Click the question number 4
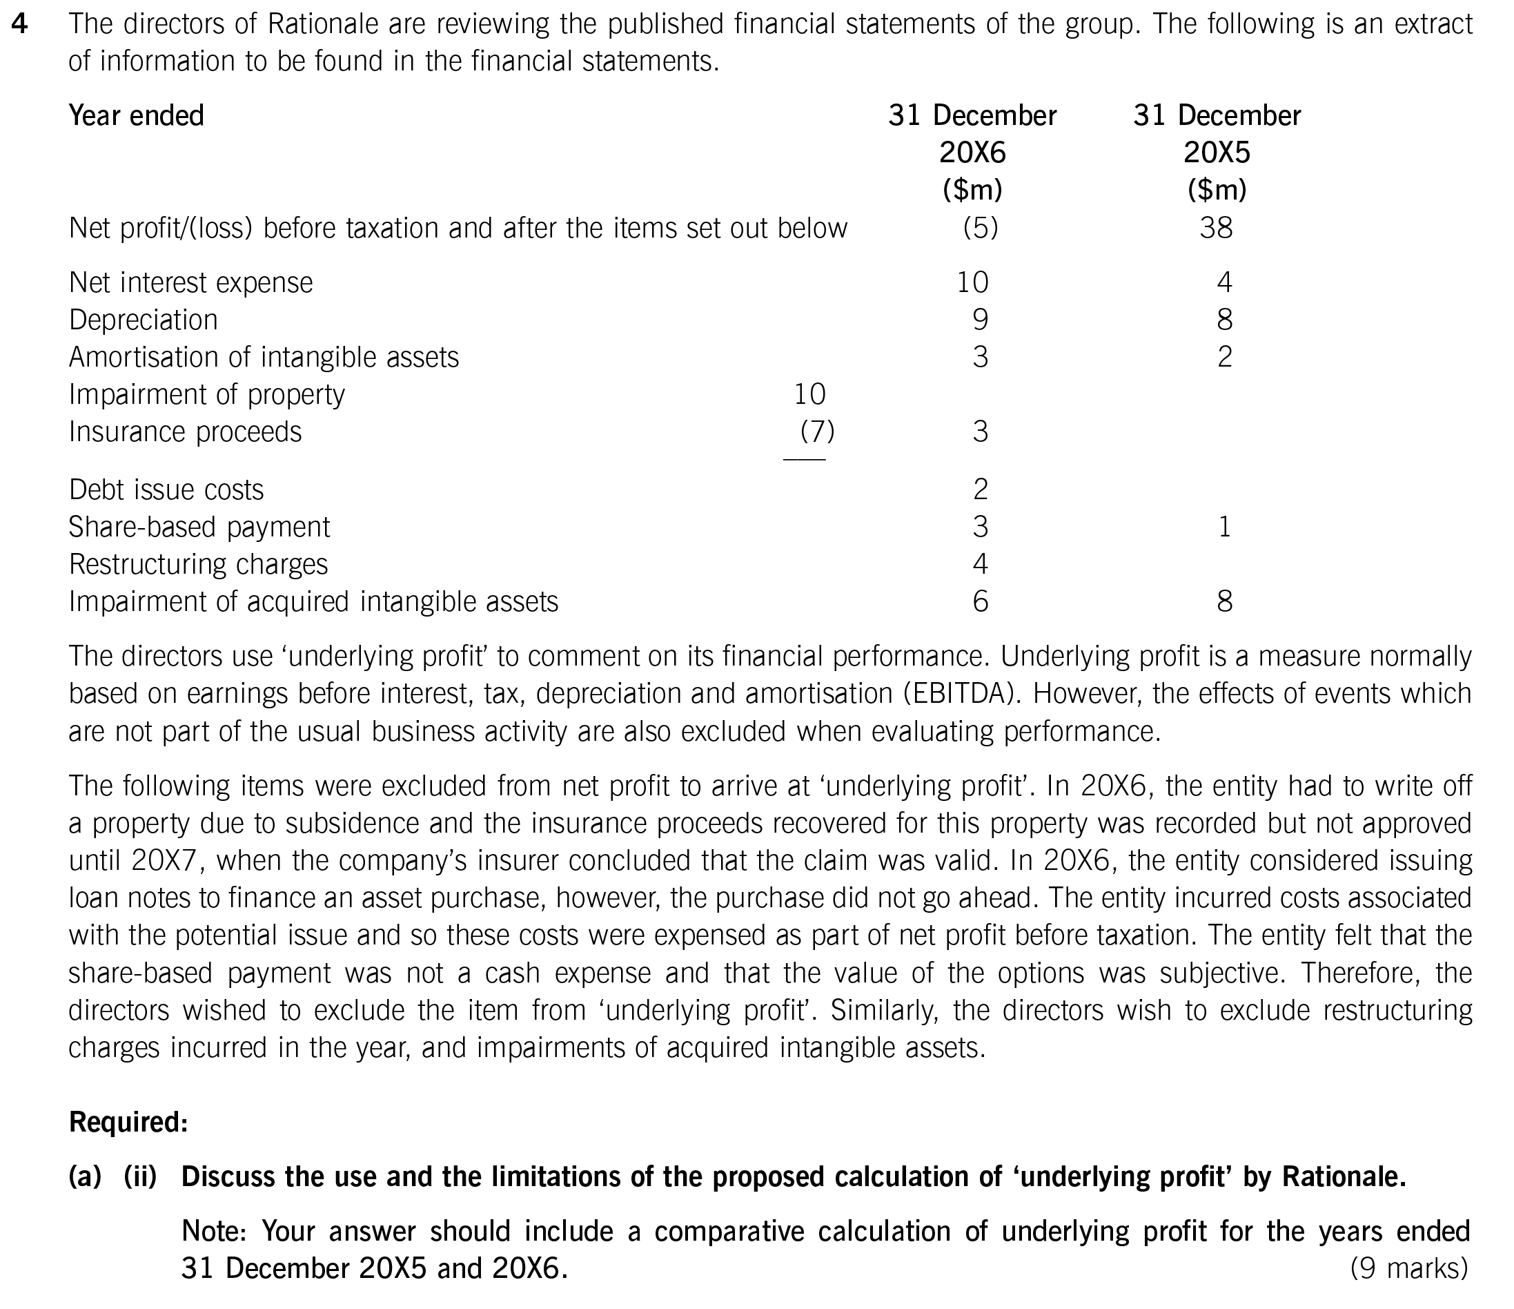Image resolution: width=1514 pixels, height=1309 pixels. click(21, 24)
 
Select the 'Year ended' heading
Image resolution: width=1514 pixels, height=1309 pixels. click(136, 115)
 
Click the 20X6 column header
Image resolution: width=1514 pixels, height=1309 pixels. click(972, 152)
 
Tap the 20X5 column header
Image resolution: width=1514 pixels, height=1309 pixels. click(1217, 152)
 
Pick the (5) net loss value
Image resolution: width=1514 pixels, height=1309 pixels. click(980, 228)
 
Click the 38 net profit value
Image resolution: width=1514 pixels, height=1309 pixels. click(1216, 228)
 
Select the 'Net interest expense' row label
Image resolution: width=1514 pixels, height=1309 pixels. click(190, 282)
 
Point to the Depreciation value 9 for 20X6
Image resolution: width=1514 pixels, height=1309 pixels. click(980, 320)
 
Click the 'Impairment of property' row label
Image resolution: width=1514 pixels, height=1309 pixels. click(207, 395)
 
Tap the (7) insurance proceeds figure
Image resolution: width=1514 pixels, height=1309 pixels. click(817, 432)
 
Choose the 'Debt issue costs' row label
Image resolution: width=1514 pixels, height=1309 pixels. click(166, 489)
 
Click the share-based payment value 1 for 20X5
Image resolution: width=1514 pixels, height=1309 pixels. click(1225, 527)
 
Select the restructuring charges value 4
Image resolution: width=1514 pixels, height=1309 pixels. click(980, 564)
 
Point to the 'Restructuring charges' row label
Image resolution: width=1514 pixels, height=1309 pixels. click(198, 564)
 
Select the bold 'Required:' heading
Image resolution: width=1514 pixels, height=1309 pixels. click(128, 1122)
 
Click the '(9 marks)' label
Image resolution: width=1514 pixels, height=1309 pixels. click(1409, 1268)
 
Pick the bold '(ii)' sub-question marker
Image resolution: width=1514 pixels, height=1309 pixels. click(140, 1176)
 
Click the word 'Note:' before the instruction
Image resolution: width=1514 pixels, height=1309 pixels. click(214, 1231)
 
